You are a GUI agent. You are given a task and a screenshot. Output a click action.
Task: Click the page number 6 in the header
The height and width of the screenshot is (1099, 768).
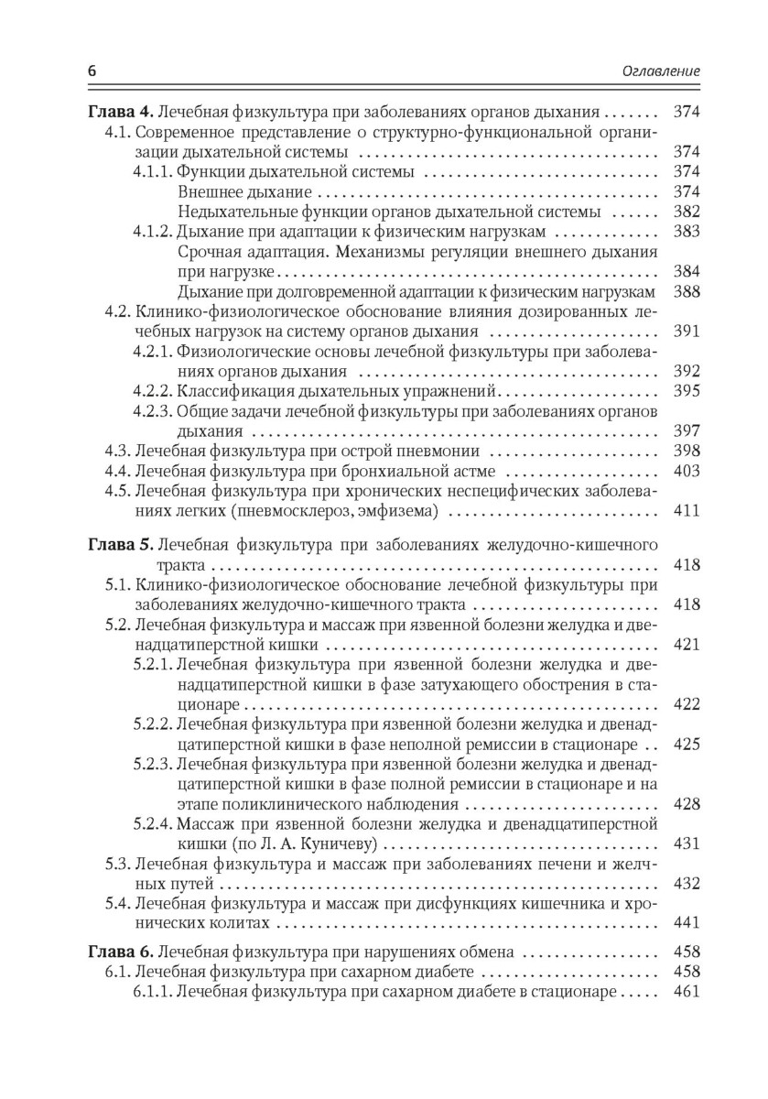click(91, 71)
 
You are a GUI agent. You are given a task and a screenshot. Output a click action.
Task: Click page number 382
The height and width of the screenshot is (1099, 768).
click(686, 212)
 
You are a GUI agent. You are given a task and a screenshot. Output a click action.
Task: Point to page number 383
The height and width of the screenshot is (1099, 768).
click(686, 232)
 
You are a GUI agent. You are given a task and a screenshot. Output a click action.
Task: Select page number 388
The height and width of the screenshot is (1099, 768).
click(686, 291)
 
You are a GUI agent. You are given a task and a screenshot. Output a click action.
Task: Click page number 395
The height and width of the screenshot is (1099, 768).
click(686, 391)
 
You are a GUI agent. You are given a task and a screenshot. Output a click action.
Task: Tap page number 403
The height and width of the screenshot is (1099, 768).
click(686, 471)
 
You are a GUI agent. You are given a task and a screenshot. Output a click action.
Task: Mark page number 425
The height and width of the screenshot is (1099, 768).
click(686, 743)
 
